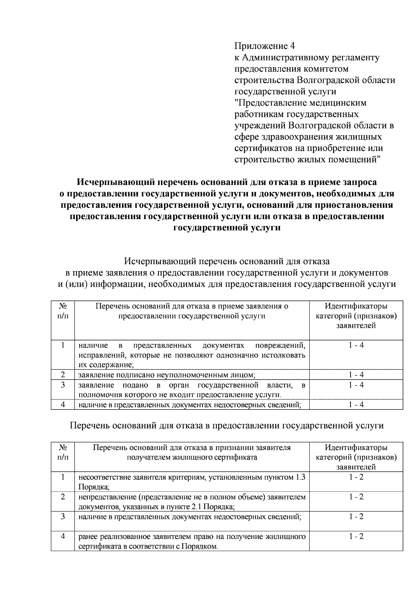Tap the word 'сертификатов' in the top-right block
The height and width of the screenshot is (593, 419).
263,148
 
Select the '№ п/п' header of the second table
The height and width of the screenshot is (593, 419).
63,452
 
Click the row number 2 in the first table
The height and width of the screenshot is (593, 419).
63,375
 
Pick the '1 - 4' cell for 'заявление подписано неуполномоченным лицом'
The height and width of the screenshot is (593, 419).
356,375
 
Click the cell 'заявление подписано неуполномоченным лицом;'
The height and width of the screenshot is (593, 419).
167,375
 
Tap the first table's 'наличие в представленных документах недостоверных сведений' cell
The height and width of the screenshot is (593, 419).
190,405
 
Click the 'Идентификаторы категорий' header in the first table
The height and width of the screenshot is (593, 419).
356,316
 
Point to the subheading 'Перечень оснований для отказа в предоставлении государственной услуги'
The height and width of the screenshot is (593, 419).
227,426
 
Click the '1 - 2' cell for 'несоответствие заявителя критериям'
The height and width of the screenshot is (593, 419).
356,477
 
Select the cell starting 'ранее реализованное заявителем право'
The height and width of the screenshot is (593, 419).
192,541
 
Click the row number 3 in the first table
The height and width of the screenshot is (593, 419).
63,385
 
